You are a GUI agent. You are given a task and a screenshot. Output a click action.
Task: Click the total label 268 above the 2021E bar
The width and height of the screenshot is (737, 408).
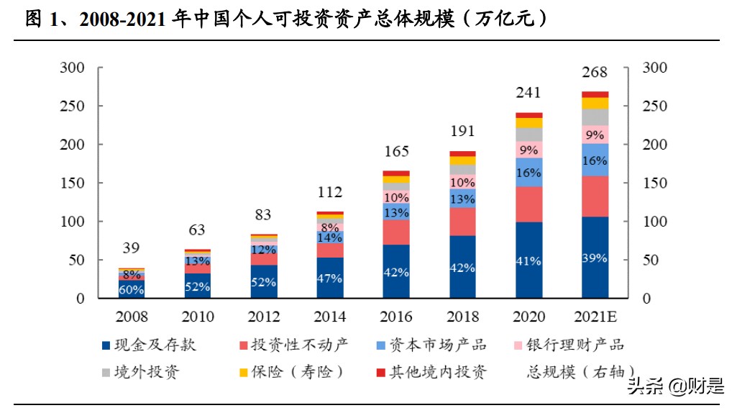[x=595, y=73]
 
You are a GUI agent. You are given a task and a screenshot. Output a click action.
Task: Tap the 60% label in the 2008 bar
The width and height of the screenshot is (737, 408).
[x=131, y=290]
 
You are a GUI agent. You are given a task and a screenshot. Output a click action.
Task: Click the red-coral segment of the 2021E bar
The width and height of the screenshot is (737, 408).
[x=595, y=196]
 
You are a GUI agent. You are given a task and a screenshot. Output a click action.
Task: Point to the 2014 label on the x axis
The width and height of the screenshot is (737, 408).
[x=329, y=317]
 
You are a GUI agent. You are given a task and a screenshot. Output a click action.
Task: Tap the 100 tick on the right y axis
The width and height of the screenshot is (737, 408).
[x=654, y=222]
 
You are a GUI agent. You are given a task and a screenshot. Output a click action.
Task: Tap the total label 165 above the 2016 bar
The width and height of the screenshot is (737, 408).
[x=395, y=152]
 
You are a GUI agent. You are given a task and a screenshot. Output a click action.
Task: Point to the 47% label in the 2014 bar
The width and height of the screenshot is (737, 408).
[x=329, y=278]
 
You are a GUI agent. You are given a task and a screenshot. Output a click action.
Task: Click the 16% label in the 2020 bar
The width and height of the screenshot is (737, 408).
[x=528, y=173]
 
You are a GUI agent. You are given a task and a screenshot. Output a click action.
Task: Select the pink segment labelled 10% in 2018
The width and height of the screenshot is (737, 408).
[x=462, y=182]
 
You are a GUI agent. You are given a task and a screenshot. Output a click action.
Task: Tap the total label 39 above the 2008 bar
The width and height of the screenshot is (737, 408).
[x=131, y=248]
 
